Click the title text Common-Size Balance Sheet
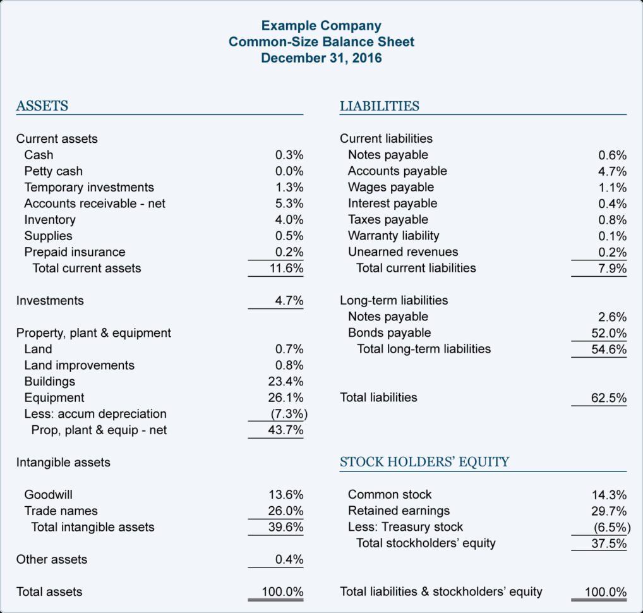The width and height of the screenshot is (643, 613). coord(321,42)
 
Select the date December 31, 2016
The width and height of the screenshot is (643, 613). coord(321,59)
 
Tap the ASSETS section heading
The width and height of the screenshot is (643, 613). coord(42,106)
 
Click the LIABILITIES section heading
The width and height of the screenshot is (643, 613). coord(380,106)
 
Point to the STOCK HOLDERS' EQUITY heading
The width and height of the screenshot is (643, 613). coord(424,462)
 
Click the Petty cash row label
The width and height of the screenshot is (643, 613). coord(54,171)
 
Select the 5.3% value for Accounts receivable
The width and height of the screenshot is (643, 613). coord(289,203)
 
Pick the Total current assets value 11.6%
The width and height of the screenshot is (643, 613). coord(287,268)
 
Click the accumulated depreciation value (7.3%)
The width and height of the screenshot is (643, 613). coord(289,414)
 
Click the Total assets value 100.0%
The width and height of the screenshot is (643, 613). coord(283,592)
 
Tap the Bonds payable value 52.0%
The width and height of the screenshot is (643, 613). coord(609,333)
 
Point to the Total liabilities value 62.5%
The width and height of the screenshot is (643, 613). coord(609,398)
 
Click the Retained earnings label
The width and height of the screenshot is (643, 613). coord(399,511)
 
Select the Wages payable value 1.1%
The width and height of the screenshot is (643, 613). coord(612,188)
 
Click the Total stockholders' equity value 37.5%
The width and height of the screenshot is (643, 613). coord(609,543)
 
